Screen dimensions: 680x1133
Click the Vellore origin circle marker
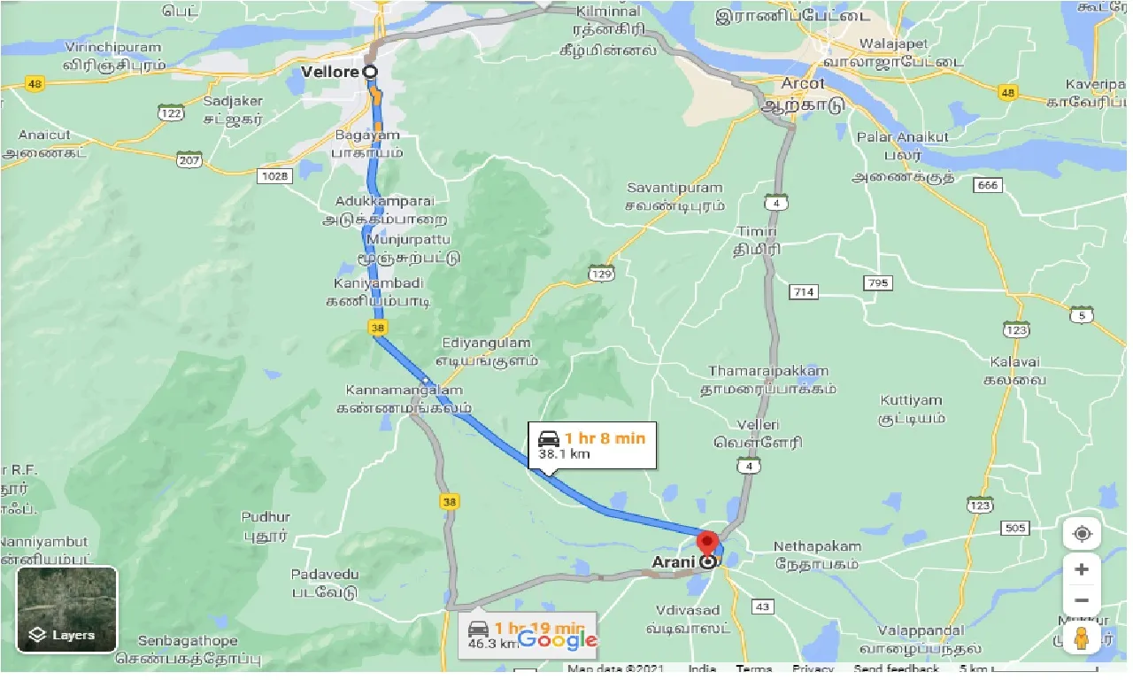coord(370,72)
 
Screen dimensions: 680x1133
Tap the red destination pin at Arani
coord(706,543)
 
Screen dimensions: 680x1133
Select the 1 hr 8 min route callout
coord(592,445)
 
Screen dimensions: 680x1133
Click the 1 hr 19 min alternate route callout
coord(527,634)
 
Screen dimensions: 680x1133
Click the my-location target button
coord(1082,535)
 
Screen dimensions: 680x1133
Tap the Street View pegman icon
coord(1082,637)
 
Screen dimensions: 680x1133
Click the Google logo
coord(558,639)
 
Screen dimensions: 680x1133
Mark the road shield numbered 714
coord(805,291)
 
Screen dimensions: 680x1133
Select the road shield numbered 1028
coord(275,176)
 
